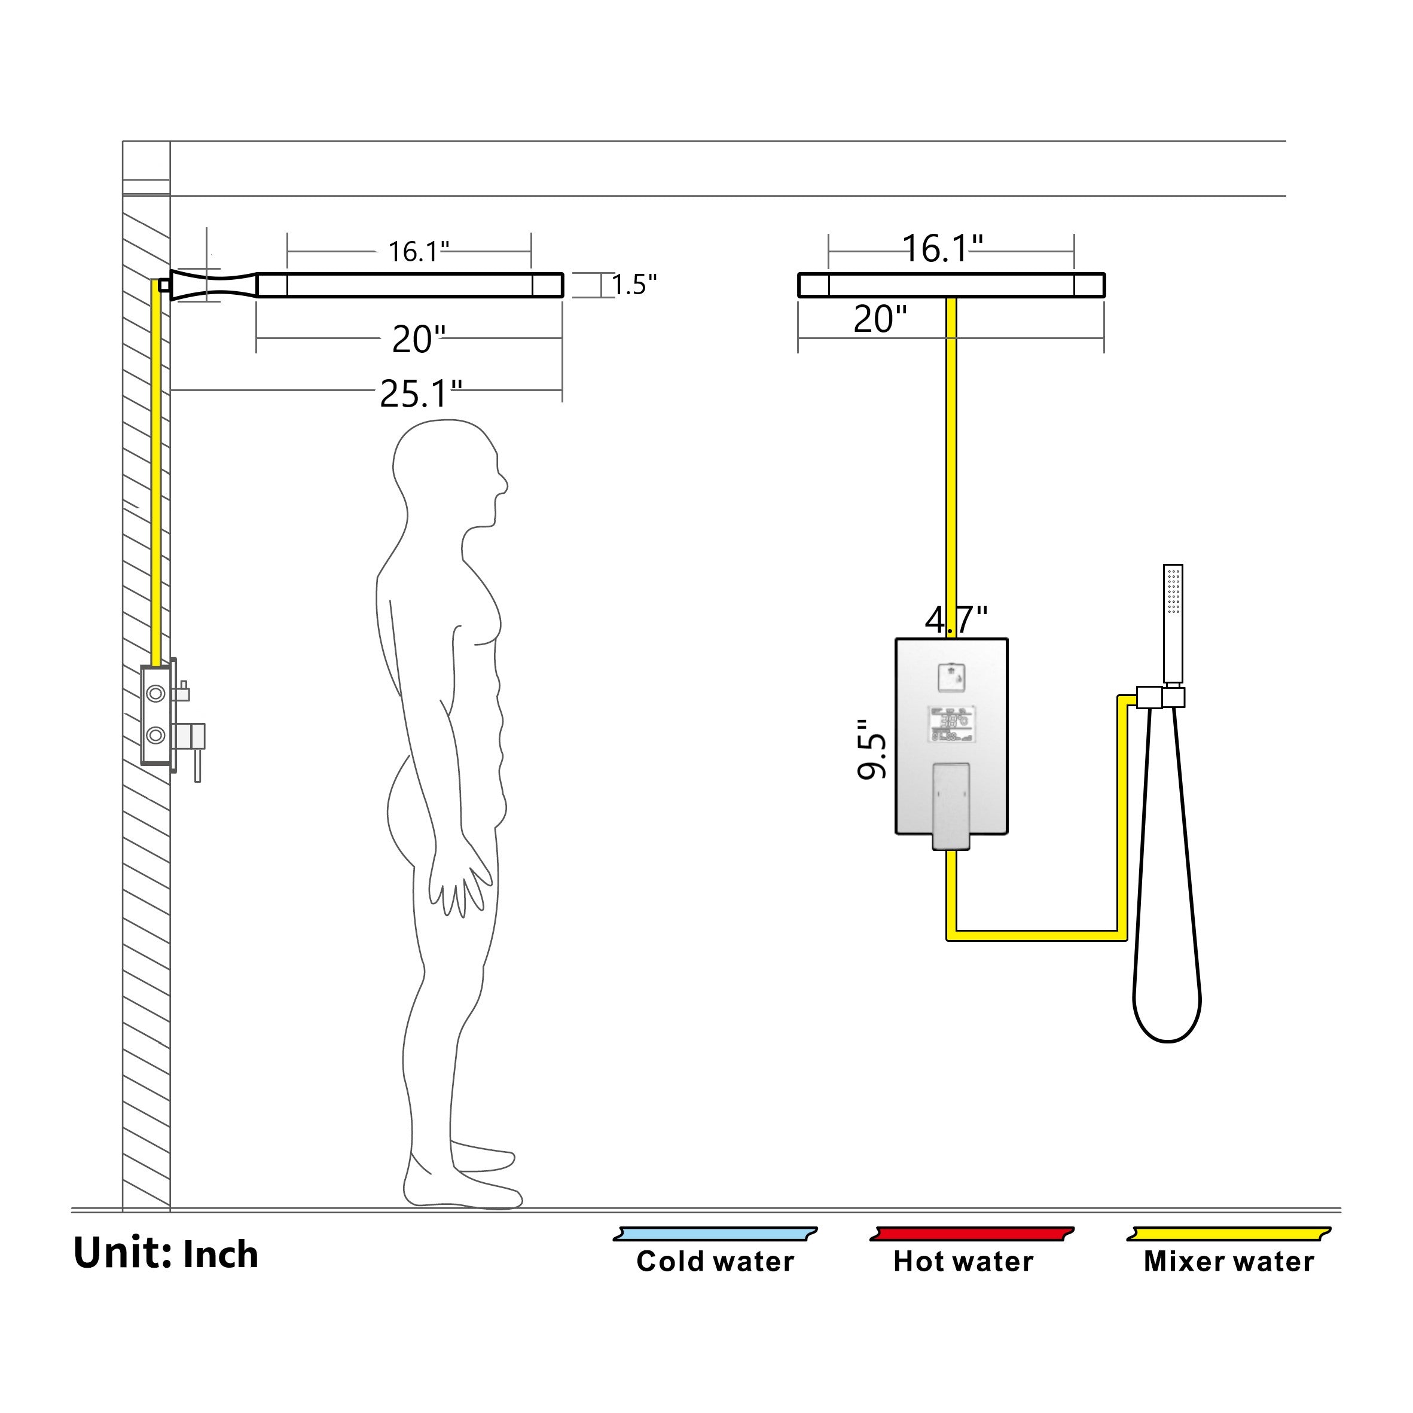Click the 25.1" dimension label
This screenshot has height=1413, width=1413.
coord(420,394)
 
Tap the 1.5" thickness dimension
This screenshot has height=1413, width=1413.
coord(634,285)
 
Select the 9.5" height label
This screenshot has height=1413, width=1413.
coord(872,749)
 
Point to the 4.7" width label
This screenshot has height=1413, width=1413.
coord(956,620)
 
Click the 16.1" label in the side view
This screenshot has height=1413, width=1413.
coord(417,252)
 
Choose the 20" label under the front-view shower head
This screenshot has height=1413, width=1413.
coord(880,319)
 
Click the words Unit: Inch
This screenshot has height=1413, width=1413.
coord(166,1253)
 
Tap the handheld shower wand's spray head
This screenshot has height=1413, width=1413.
coord(1173,590)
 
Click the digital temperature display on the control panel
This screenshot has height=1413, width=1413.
coord(951,724)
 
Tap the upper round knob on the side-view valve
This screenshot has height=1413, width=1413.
coord(155,692)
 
